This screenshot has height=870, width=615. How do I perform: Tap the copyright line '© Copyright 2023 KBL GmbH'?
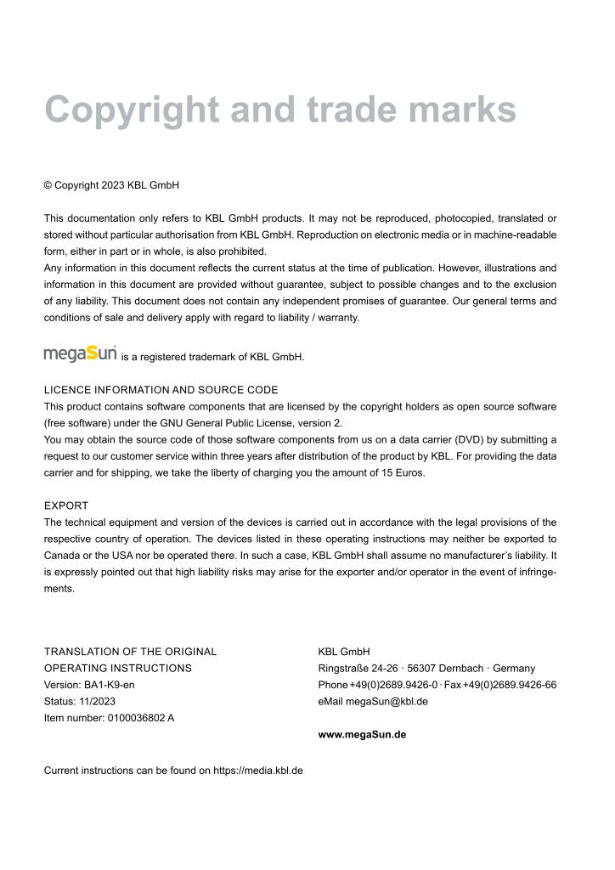111,185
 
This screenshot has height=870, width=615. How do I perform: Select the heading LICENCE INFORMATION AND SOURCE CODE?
161,390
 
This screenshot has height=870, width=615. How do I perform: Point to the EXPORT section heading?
66,506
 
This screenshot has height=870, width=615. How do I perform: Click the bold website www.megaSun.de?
362,735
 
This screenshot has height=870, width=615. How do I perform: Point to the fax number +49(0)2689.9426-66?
510,685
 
